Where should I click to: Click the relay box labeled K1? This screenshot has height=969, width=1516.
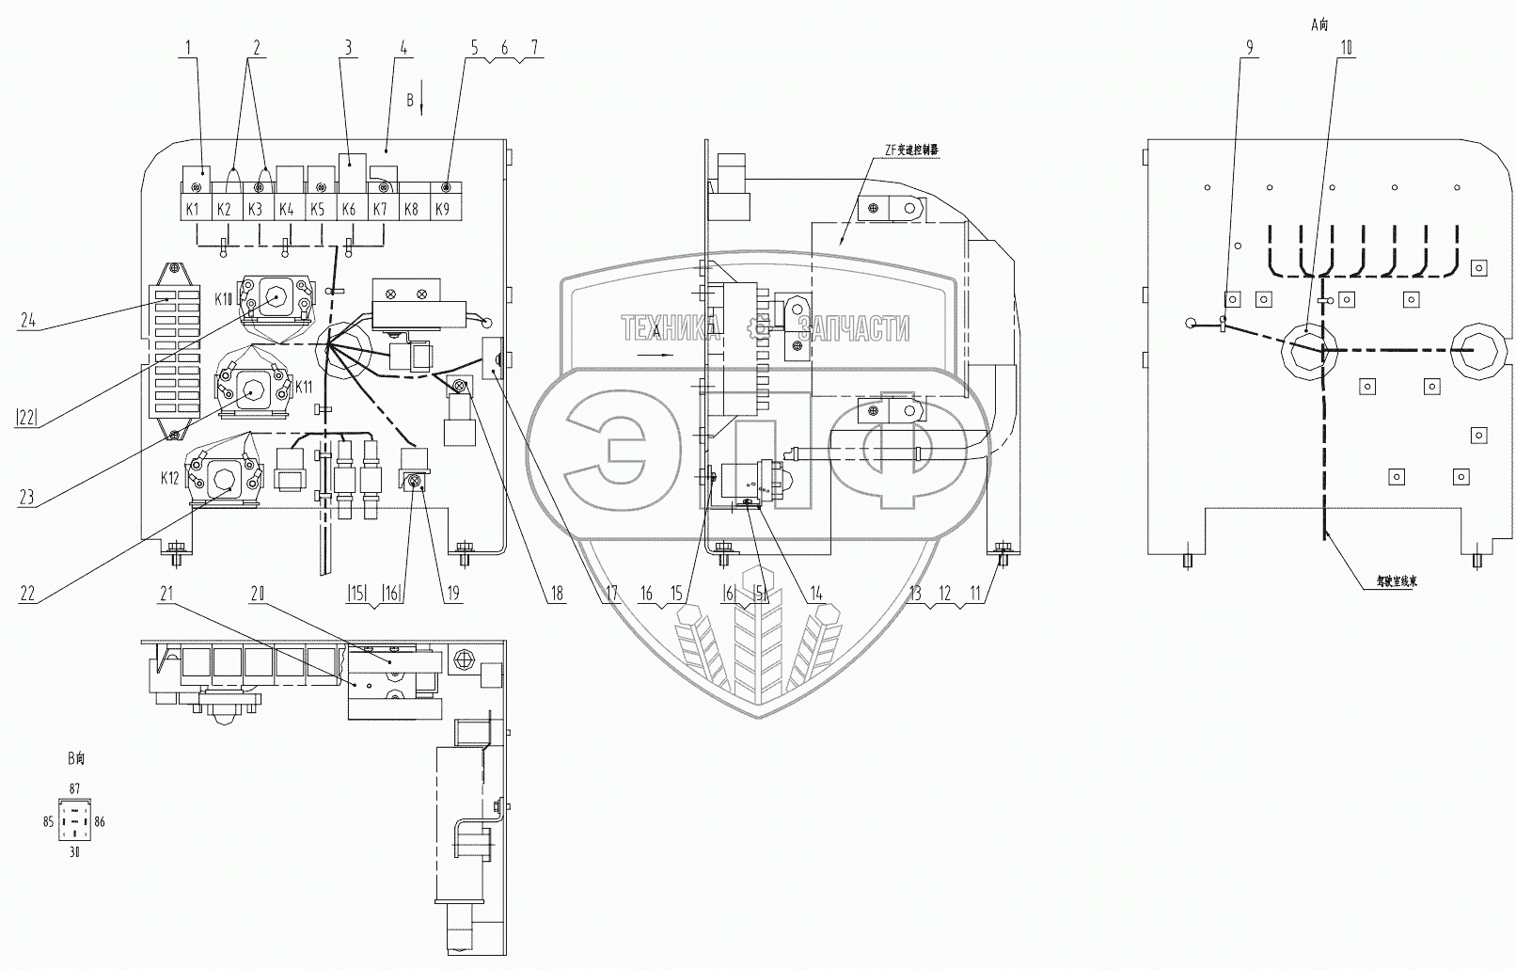193,209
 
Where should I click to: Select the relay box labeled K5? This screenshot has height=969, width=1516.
318,209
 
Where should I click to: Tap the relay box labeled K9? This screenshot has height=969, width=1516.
444,209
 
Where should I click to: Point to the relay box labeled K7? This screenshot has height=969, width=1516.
381,209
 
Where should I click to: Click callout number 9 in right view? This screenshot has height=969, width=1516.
1250,48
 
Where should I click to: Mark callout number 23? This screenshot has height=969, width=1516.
27,496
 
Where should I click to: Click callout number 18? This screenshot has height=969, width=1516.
557,594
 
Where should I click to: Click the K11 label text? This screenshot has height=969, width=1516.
303,387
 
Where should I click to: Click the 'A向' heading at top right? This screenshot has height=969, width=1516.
1319,25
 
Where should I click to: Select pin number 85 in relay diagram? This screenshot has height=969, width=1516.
48,821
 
